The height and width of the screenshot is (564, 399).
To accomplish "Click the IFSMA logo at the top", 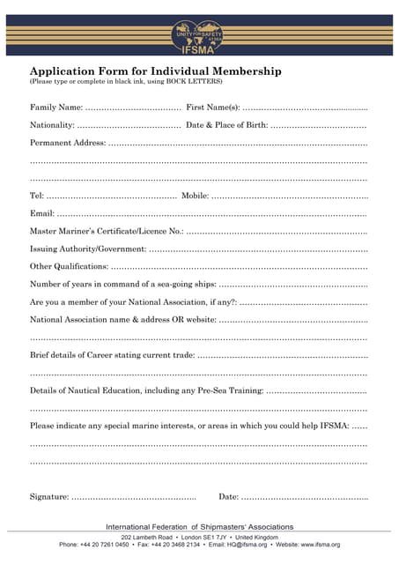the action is (198, 37).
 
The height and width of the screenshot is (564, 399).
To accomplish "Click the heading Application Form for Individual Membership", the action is (156, 71).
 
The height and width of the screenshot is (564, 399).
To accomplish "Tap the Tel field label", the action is (36, 196).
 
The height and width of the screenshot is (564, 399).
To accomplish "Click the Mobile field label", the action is (195, 196).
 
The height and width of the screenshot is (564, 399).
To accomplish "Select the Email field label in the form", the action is (41, 213).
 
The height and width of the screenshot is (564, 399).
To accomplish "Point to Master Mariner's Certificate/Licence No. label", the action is (107, 231).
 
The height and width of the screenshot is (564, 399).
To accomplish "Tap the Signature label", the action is (49, 497).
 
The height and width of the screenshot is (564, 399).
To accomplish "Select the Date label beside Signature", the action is (228, 497).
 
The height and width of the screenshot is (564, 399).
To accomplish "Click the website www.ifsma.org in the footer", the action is (320, 545).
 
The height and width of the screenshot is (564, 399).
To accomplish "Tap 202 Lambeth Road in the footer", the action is (147, 537).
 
